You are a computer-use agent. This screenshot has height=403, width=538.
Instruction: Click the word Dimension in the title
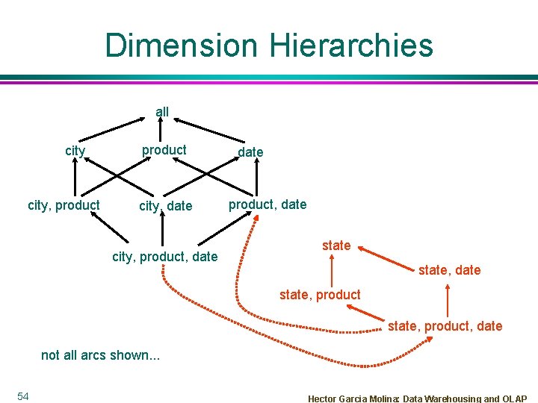point(181,45)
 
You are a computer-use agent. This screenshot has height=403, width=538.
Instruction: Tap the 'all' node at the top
point(162,112)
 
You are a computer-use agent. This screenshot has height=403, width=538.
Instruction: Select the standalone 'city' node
point(75,151)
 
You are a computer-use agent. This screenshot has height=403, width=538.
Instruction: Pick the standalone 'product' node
point(164,150)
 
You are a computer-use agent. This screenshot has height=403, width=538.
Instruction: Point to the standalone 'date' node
point(250,152)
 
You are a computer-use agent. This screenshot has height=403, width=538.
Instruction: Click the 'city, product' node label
point(64,205)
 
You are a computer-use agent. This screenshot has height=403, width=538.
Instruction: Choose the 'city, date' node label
point(165,206)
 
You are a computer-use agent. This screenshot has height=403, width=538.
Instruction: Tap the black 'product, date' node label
point(268,204)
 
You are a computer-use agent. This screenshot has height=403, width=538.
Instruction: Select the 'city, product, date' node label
point(164,257)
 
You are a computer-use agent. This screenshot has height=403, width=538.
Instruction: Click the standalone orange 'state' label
point(336,246)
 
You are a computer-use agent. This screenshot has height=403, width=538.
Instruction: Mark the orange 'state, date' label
point(450,270)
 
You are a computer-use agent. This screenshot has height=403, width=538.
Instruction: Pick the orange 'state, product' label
point(320,295)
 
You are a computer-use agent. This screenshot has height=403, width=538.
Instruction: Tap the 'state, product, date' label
point(445,326)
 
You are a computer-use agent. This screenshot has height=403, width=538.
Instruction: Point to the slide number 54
point(22,396)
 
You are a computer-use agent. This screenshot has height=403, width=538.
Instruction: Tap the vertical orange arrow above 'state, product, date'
point(446,302)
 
